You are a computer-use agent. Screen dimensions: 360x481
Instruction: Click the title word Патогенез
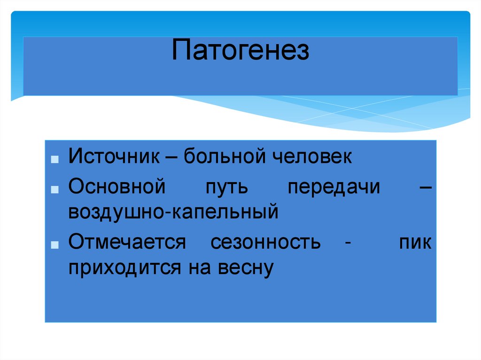coord(240,51)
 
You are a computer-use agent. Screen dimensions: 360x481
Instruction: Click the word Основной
coord(117,187)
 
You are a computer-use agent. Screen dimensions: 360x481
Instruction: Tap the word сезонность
coord(266,243)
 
